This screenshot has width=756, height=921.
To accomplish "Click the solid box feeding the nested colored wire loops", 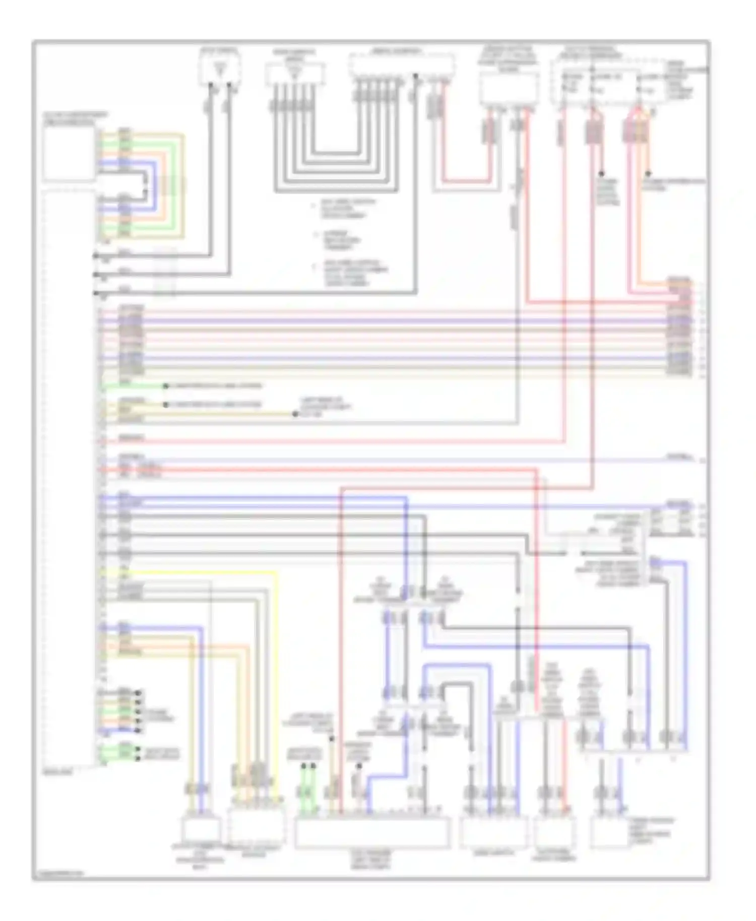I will (x=69, y=154).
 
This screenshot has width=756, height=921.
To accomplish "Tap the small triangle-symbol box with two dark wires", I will (x=220, y=69).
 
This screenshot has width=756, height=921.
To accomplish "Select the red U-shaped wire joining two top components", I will (x=466, y=180).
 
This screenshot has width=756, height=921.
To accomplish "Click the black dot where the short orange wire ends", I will (x=648, y=173).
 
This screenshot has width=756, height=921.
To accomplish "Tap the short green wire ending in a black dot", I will (x=134, y=386).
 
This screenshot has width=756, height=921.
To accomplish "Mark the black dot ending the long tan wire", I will (x=295, y=414).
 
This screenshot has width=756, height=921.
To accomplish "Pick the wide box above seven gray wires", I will (x=402, y=65).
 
